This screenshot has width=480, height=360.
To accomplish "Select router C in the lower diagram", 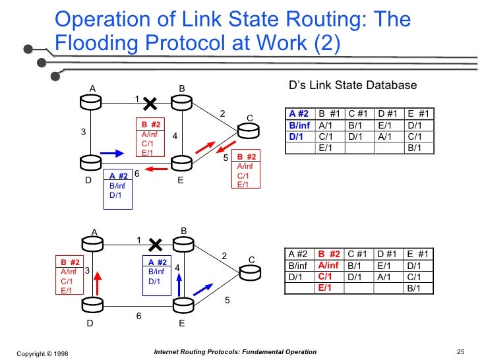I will tap(249, 272).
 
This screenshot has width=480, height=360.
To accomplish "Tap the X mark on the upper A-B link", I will tap(150, 104).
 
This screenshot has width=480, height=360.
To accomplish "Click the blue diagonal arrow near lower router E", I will tap(203, 288).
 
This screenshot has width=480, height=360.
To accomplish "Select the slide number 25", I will tap(461, 352).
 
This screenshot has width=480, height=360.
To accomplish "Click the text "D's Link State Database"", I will tap(353, 85).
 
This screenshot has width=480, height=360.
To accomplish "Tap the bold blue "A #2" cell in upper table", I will tap(299, 113).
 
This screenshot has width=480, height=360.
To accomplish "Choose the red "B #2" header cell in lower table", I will tap(329, 255).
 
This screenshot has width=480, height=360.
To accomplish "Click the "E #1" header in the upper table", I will tap(418, 113).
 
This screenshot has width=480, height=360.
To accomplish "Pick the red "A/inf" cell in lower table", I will tap(329, 265).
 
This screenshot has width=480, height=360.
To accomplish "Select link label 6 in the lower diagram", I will tap(138, 316).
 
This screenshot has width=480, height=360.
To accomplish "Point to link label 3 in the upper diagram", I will tap(83, 132).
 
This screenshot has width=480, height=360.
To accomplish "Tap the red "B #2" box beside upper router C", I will tap(248, 170).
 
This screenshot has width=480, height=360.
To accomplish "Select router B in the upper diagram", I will tap(181, 102).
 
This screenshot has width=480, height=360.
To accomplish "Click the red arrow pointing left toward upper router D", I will tap(156, 169).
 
